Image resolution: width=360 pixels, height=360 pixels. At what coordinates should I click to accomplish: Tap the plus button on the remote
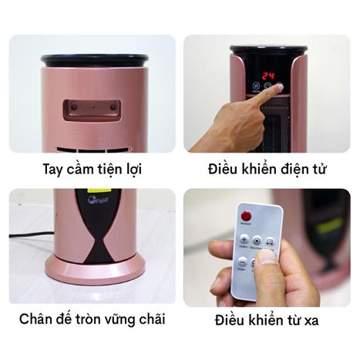click(244, 239)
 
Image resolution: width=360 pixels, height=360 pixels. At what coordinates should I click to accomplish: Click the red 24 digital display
click(267, 76)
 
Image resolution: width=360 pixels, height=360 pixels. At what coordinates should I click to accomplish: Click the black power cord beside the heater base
click(31, 234)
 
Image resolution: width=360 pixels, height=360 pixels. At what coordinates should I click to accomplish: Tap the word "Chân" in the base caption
click(39, 318)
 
